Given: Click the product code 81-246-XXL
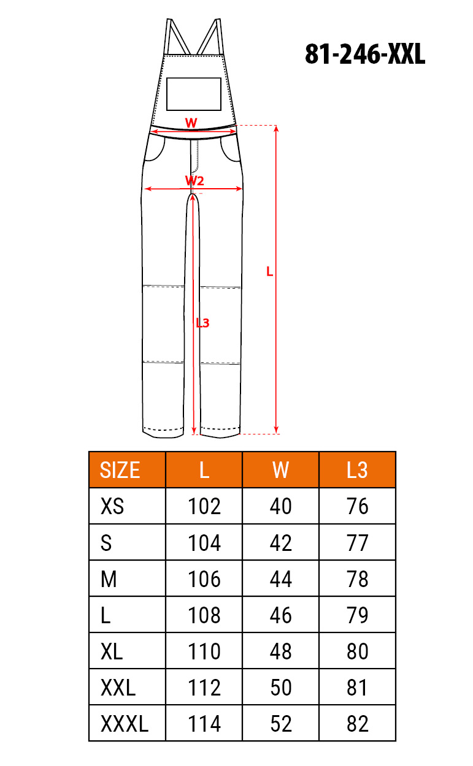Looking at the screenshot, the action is click(365, 54).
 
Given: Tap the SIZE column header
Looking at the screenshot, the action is click(120, 470).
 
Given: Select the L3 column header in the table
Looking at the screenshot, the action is click(357, 470).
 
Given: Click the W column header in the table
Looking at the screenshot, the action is click(280, 470).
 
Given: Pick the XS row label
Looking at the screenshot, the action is click(112, 506).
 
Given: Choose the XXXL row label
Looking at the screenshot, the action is click(125, 724).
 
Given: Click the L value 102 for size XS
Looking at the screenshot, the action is click(204, 506).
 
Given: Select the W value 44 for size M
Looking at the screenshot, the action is click(280, 579).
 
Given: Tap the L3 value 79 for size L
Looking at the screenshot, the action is click(357, 615).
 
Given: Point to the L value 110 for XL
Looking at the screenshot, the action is click(204, 651).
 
